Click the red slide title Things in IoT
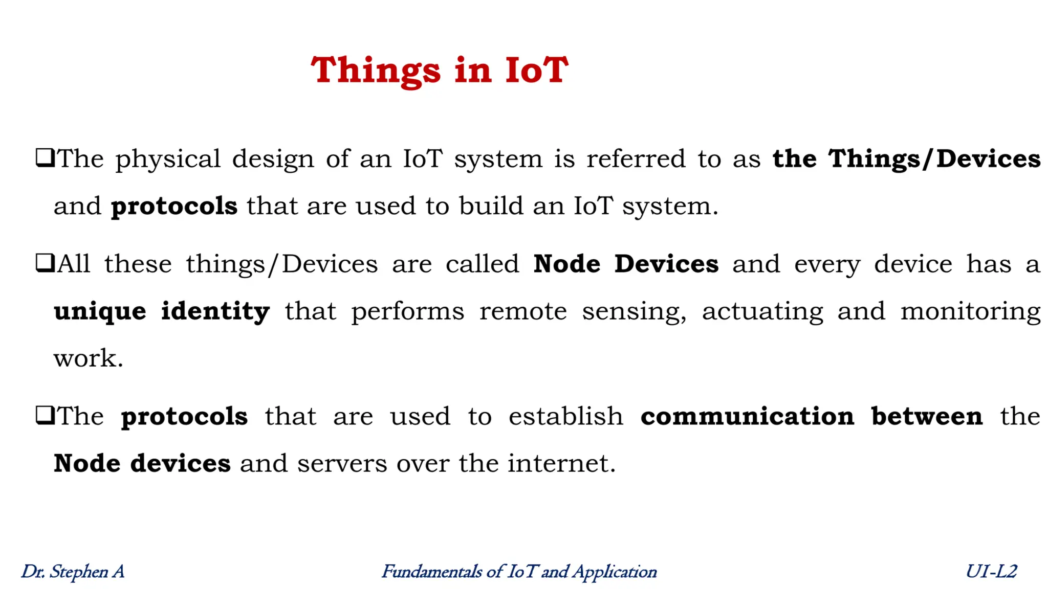tap(439, 70)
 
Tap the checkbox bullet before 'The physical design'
tap(45, 157)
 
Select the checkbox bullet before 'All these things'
tap(45, 263)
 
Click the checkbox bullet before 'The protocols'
tap(45, 415)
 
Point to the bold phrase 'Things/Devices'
tap(934, 158)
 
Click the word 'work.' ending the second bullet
tap(89, 358)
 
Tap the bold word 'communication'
tap(747, 416)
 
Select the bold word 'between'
tap(927, 416)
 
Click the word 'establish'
tap(565, 416)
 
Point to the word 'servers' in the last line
tap(342, 463)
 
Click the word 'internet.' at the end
tap(561, 463)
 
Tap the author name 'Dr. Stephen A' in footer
tap(73, 572)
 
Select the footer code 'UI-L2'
tap(991, 572)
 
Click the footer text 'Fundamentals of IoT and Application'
tap(519, 572)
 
